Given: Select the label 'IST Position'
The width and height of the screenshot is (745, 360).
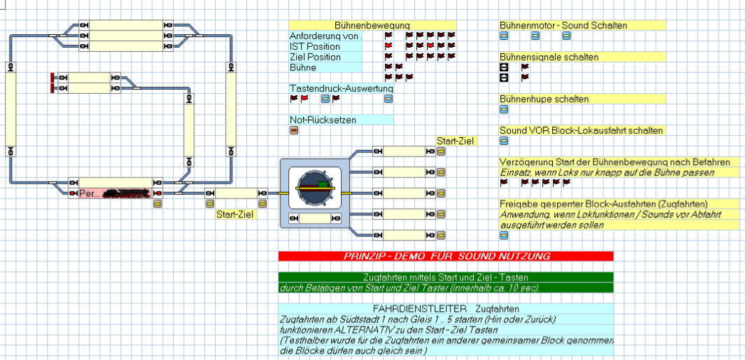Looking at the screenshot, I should pyautogui.click(x=315, y=46).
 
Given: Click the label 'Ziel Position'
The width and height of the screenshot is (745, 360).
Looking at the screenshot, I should pyautogui.click(x=315, y=57).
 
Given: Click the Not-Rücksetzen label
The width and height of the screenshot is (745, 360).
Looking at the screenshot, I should pyautogui.click(x=323, y=120).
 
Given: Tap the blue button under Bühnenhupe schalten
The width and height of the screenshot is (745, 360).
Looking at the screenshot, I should pyautogui.click(x=504, y=110).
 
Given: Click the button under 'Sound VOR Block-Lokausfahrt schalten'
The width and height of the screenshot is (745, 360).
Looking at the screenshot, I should pyautogui.click(x=504, y=141).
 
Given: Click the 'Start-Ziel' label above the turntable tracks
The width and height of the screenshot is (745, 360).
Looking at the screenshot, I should pyautogui.click(x=455, y=141).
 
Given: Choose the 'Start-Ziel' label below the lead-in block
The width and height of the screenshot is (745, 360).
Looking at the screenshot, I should pyautogui.click(x=236, y=213).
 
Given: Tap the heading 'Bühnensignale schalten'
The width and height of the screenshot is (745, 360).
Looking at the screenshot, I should pyautogui.click(x=549, y=57).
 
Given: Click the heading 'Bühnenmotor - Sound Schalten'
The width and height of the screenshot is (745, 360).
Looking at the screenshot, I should pyautogui.click(x=563, y=25).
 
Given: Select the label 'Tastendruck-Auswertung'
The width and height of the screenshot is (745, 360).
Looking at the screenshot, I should pyautogui.click(x=341, y=88).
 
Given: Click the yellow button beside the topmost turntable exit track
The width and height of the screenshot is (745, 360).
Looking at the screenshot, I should pyautogui.click(x=441, y=152).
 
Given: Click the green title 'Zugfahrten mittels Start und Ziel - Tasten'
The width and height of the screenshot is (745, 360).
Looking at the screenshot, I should pyautogui.click(x=445, y=277).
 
